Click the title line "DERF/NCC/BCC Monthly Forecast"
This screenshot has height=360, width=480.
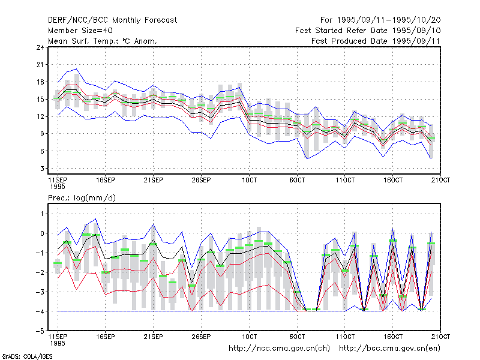112,20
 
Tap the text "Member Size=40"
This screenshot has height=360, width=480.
80,31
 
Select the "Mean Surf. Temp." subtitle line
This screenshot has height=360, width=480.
102,41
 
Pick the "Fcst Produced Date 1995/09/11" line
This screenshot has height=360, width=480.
376,41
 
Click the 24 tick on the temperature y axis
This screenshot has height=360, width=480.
40,47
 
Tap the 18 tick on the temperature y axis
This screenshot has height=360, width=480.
40,82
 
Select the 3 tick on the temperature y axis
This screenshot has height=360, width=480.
42,169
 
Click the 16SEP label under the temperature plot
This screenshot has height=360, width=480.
106,180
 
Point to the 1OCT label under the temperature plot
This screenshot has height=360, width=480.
249,180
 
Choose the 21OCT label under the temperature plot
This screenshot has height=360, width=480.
440,180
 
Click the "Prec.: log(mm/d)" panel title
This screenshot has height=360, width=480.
82,198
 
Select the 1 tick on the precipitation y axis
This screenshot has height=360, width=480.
42,214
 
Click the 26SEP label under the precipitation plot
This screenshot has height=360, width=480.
201,337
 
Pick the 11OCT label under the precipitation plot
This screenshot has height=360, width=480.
345,337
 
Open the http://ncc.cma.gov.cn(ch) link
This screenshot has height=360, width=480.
279,349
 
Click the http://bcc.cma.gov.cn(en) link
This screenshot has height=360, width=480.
389,349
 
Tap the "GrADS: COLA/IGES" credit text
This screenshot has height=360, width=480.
27,356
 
